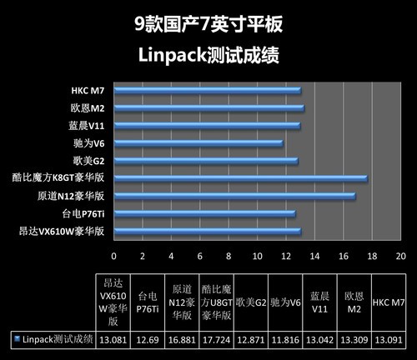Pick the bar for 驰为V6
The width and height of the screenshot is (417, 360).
(198, 143)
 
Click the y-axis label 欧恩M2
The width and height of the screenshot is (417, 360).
(88, 107)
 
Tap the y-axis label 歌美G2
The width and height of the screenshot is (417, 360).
(88, 161)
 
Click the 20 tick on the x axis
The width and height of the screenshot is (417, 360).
(400, 255)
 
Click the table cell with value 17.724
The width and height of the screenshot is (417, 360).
(216, 338)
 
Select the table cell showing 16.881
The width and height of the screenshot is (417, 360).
(182, 338)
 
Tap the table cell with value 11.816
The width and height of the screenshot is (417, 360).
(285, 338)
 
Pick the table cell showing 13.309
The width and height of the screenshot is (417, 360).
(354, 338)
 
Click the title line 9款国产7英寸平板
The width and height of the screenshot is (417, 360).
(208, 25)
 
